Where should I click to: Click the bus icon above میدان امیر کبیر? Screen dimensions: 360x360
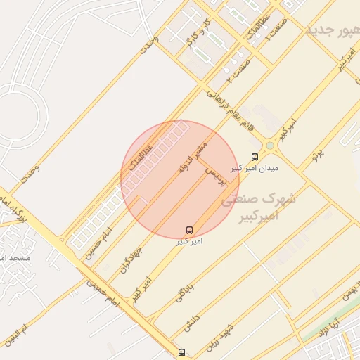[254, 158]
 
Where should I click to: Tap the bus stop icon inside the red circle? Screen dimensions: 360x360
[189, 230]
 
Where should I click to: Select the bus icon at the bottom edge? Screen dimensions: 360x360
[182, 352]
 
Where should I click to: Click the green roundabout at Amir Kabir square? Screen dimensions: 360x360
[269, 146]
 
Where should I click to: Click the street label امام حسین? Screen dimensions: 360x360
[98, 243]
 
